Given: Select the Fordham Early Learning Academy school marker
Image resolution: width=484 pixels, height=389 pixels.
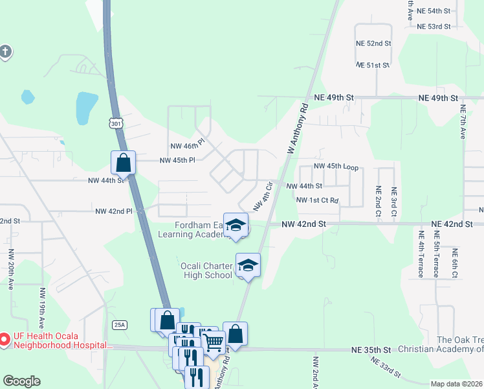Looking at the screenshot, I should (236, 226).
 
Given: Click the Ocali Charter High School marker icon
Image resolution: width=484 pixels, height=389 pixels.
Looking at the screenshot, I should (247, 265).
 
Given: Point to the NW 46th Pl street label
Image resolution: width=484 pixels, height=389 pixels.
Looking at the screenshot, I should (188, 141).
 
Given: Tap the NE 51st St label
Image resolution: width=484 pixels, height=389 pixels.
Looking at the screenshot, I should (373, 65).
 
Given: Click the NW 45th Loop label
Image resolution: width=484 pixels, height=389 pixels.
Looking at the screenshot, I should (336, 167).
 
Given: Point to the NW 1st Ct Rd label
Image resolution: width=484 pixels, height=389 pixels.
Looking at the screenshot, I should (317, 200).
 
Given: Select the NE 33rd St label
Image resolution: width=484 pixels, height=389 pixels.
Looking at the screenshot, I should (381, 371).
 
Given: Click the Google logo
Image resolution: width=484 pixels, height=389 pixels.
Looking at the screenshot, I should (21, 381).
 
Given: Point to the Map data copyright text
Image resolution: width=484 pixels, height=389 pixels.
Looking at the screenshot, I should (456, 384).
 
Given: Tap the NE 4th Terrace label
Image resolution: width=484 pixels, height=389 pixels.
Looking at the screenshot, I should (421, 253).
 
